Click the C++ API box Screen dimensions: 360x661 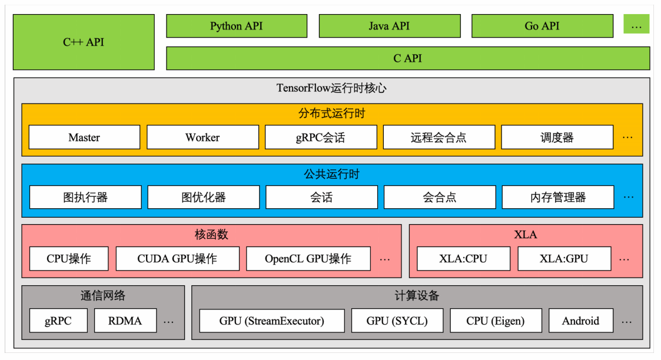(x=84, y=42)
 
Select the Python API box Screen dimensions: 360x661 (x=237, y=26)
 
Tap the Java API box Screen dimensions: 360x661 (x=390, y=26)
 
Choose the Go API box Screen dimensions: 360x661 (x=542, y=26)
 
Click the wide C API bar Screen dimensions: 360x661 (x=408, y=58)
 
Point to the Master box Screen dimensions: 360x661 (x=84, y=137)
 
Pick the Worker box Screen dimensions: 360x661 (x=202, y=137)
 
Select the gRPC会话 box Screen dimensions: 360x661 (x=321, y=137)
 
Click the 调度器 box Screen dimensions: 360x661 (x=557, y=137)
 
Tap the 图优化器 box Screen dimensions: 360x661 (x=203, y=197)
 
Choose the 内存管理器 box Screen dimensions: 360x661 (x=557, y=197)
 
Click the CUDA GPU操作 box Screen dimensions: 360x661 (x=177, y=258)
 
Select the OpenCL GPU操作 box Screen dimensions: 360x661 (x=308, y=258)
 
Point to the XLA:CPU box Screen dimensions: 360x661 (x=463, y=258)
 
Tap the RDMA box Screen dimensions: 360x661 (x=125, y=321)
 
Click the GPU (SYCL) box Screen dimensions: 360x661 (x=397, y=321)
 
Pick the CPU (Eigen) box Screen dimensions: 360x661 (x=495, y=321)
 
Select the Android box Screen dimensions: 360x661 (x=580, y=321)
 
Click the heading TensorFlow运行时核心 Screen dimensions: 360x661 (x=331, y=88)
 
